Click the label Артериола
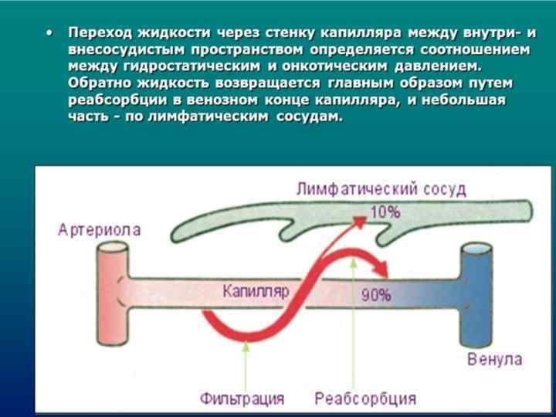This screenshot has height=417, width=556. (99, 229)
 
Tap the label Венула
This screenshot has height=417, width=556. (493, 360)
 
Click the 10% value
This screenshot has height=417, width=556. (384, 212)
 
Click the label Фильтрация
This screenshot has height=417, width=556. (242, 399)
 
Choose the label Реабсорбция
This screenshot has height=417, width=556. (365, 399)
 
